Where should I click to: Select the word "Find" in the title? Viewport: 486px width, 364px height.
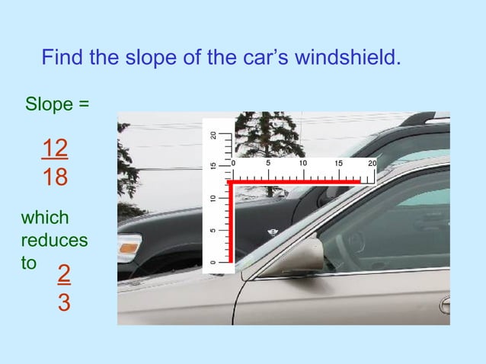coord(63,58)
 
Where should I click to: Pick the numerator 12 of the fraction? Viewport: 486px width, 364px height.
coord(55,148)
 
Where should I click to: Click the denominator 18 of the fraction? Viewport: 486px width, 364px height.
coord(55,178)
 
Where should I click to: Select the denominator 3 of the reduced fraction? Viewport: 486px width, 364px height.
coord(65,302)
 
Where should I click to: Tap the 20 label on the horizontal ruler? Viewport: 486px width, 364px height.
coord(372,164)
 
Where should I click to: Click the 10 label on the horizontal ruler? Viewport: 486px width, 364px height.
coord(302,164)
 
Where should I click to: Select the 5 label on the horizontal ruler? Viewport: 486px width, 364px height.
coord(267,164)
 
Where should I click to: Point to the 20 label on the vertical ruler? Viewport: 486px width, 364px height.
coord(214,136)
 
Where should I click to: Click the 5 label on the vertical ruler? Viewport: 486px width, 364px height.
coord(214,229)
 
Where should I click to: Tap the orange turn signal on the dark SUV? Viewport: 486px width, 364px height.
coord(129,247)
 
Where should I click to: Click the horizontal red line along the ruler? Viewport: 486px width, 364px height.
coord(297,183)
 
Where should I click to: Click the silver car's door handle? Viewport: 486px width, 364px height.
coord(445,305)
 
